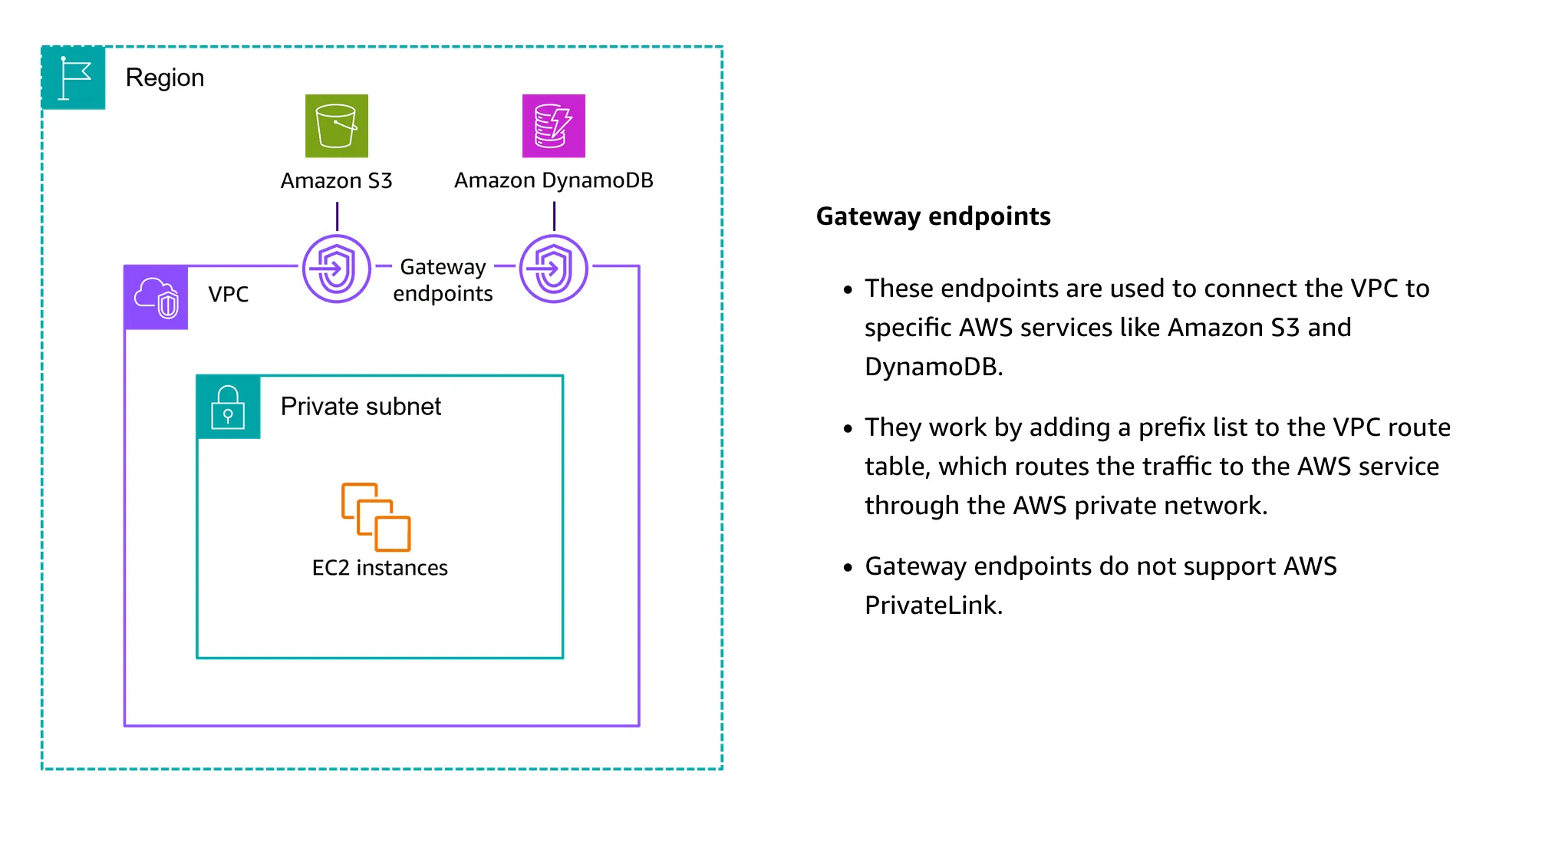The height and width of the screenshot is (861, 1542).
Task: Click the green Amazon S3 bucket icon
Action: click(336, 126)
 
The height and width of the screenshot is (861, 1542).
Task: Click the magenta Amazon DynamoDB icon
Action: click(553, 126)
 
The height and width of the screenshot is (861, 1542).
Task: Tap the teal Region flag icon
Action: click(74, 78)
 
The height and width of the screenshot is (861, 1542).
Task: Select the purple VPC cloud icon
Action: click(157, 297)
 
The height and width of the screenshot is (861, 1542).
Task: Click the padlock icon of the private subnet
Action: click(228, 407)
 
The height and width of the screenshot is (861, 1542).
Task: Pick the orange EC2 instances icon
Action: click(376, 516)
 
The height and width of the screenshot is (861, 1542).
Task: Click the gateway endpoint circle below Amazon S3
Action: click(336, 269)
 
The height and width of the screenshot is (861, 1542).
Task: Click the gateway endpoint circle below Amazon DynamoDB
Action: click(553, 269)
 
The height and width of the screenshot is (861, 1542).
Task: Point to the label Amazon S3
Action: click(336, 181)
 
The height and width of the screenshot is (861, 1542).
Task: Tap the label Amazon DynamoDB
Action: click(553, 181)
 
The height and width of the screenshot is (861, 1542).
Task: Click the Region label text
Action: click(165, 78)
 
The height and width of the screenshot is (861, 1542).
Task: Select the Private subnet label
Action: click(361, 406)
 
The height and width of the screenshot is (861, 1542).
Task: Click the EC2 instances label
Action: click(380, 568)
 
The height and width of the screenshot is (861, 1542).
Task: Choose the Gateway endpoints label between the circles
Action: click(443, 280)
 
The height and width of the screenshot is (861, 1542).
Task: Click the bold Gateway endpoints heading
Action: click(933, 216)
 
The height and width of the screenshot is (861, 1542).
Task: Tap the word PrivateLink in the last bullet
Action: click(933, 605)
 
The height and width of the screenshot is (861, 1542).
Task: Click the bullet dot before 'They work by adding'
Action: click(848, 429)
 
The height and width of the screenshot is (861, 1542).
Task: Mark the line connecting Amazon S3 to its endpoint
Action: click(337, 216)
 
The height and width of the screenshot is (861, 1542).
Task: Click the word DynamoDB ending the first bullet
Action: click(933, 367)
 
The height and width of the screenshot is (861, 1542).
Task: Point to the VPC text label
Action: click(229, 294)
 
